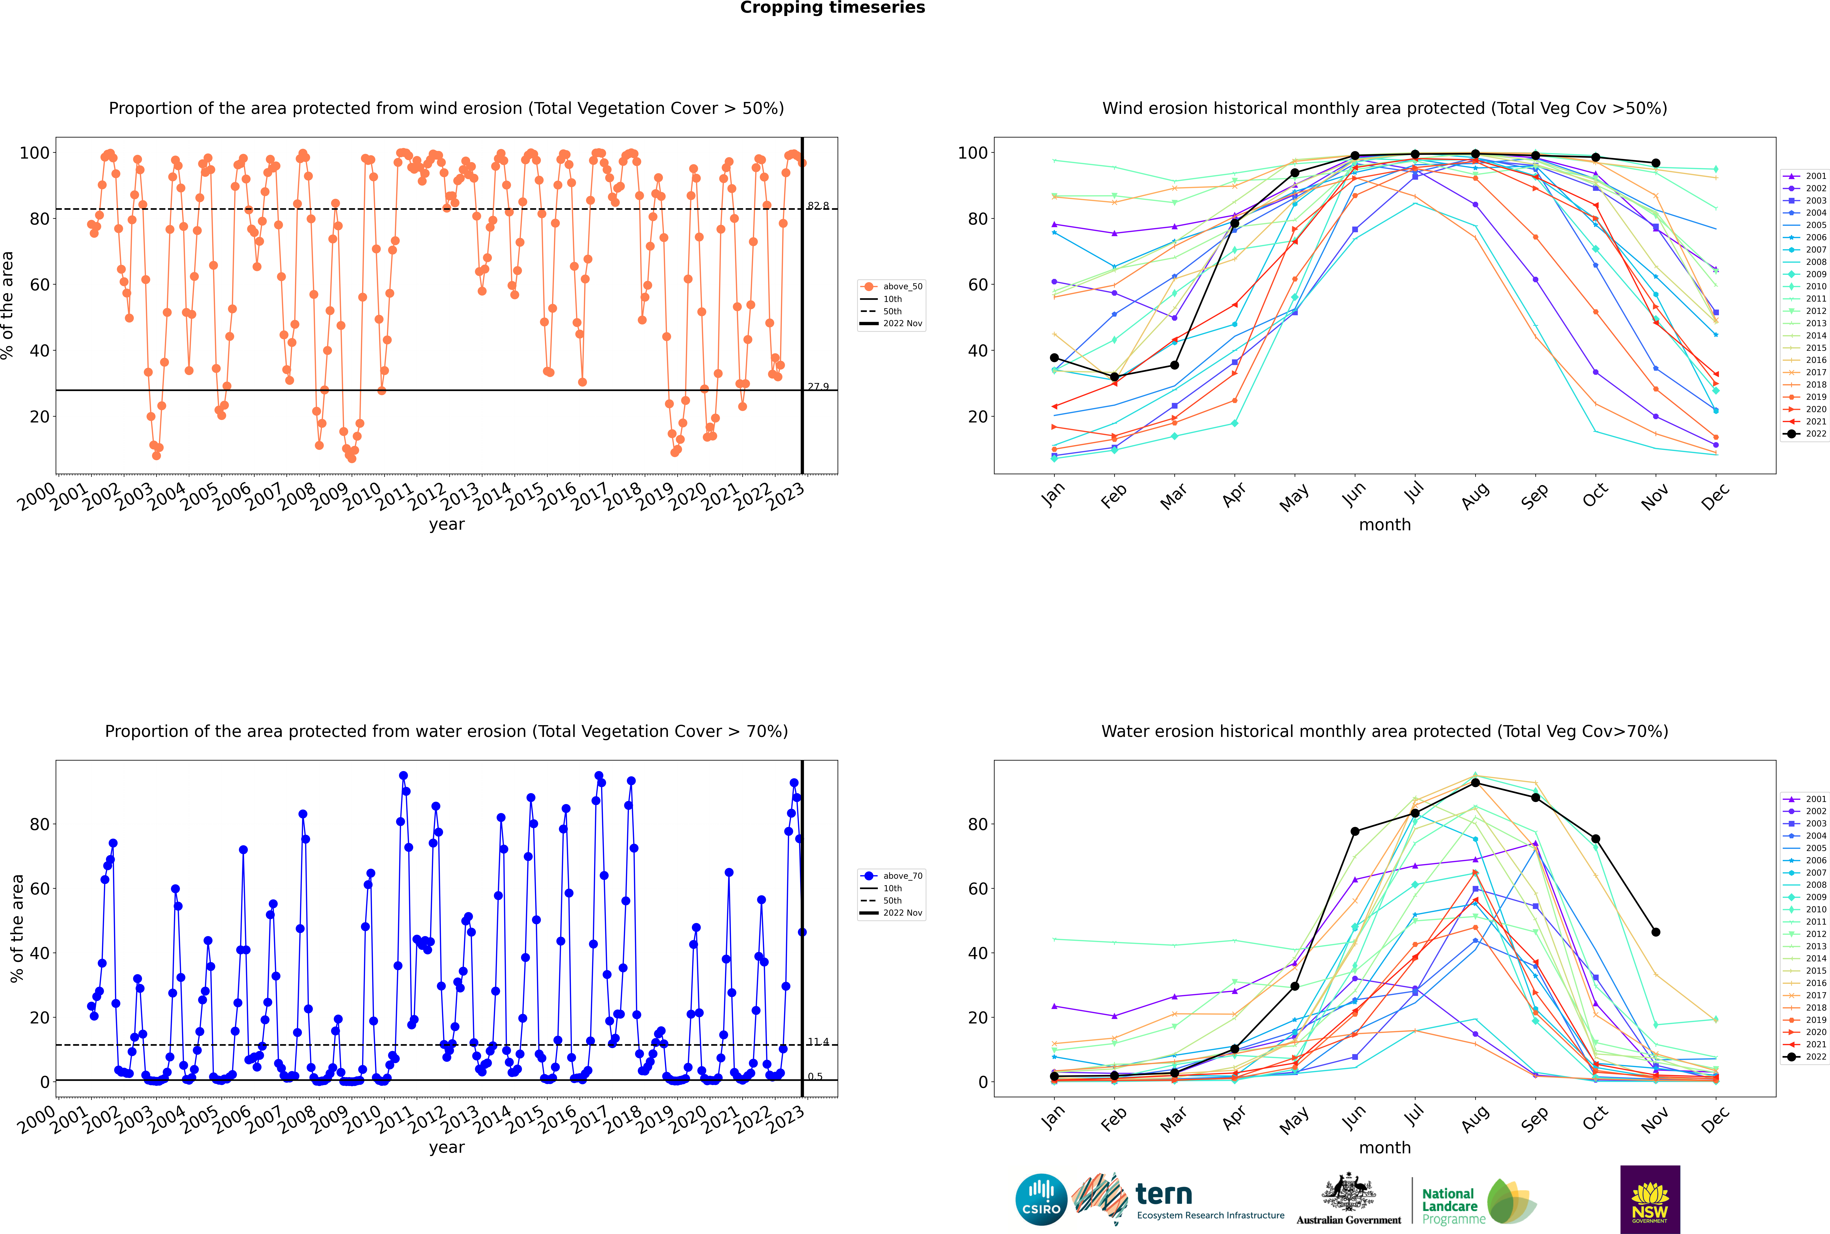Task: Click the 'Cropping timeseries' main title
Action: [832, 8]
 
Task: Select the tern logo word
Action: [1164, 1195]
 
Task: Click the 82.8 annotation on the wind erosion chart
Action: [818, 206]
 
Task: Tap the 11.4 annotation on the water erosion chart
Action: [818, 1042]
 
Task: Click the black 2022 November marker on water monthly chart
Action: [1655, 932]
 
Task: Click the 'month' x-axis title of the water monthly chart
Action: [1385, 1147]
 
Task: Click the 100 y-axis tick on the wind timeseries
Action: [35, 153]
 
